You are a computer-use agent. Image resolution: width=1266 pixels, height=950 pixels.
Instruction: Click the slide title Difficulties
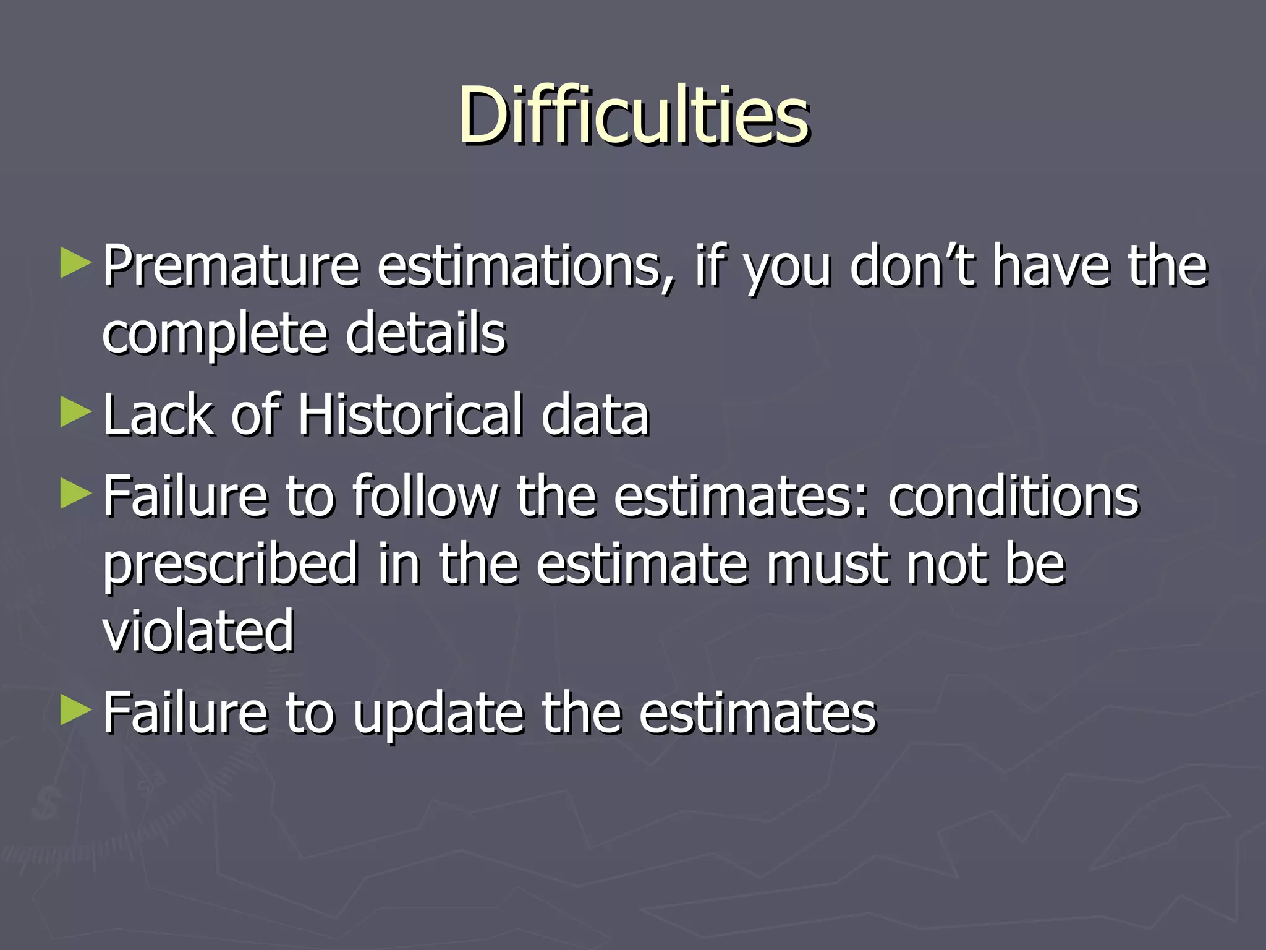(x=633, y=116)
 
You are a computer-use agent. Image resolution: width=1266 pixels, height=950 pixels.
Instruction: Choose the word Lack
(x=158, y=415)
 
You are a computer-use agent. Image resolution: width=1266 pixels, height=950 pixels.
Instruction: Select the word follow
(x=425, y=496)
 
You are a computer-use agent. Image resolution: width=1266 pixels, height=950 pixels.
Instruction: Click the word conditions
(x=1014, y=496)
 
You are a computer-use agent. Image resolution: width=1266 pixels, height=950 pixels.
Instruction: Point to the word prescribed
(x=230, y=565)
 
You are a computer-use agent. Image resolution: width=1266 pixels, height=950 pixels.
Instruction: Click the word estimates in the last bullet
(x=757, y=713)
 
